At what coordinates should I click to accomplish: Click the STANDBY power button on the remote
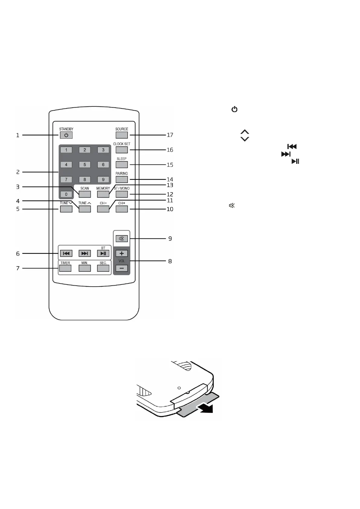coord(66,135)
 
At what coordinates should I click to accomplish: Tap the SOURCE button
coord(122,135)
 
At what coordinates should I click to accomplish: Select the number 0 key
coord(66,194)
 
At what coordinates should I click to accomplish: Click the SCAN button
coord(85,194)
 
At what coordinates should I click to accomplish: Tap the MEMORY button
coord(103,194)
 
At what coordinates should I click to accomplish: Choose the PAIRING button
coord(122,179)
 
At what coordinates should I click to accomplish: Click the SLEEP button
coord(122,164)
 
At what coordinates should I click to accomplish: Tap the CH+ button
coord(122,209)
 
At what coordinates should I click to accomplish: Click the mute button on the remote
coord(122,239)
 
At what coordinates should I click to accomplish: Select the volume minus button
coord(122,268)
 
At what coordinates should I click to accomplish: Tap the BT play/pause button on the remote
coord(103,253)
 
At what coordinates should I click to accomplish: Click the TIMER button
coord(65,268)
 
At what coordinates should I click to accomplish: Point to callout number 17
coord(170,135)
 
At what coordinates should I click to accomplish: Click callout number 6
coord(18,254)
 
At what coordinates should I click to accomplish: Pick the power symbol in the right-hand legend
coord(234,109)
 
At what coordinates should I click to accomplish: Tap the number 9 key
coord(103,179)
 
